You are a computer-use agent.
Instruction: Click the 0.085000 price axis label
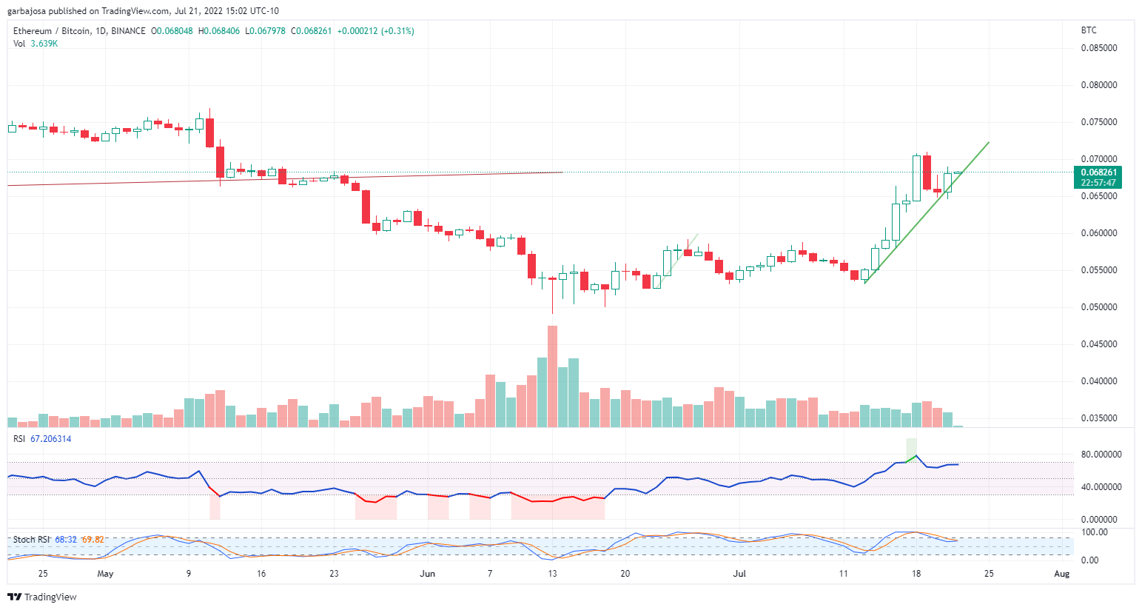(1098, 48)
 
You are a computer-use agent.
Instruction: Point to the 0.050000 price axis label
(1098, 307)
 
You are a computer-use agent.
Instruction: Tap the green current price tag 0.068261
(1098, 172)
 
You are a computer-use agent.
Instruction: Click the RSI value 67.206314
(50, 439)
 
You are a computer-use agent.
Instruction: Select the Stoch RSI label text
(32, 540)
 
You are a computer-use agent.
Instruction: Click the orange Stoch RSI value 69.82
(93, 540)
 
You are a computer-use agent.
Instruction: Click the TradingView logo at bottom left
(42, 597)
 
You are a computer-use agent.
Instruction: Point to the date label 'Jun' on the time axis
(427, 574)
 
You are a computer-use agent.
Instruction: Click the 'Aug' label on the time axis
(1061, 574)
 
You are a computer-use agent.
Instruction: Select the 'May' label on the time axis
(106, 574)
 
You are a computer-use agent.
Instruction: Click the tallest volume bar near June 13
(552, 376)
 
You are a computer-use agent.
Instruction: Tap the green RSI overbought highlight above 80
(911, 449)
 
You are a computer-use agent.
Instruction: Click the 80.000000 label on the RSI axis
(1101, 455)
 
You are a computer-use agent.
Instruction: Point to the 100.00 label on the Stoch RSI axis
(1094, 532)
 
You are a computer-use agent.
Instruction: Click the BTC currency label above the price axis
(1089, 30)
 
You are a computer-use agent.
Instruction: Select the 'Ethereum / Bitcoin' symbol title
(52, 31)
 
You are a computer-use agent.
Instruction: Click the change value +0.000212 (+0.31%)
(375, 31)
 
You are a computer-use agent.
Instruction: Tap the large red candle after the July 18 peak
(927, 172)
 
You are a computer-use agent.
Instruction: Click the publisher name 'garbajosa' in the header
(27, 11)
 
